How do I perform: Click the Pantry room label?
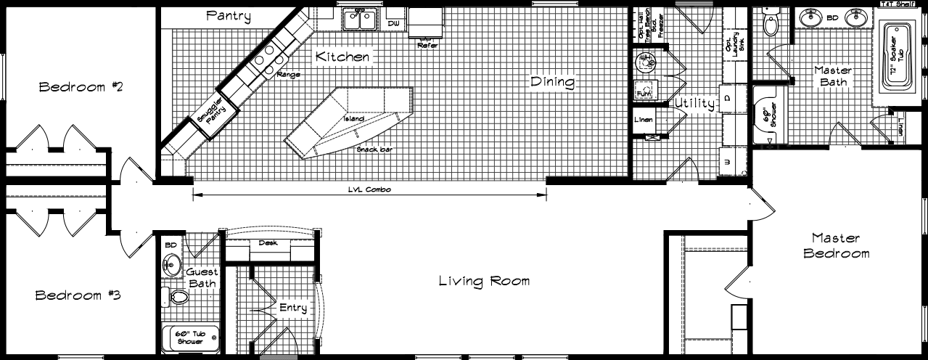tap(229, 15)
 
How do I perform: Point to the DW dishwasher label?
tap(394, 24)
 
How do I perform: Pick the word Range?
tap(289, 74)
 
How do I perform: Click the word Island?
tap(353, 118)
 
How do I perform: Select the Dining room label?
tap(553, 82)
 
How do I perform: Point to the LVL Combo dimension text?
tap(370, 189)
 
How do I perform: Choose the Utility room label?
tap(695, 104)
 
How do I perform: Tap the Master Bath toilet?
tap(770, 25)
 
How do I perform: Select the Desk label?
tap(268, 243)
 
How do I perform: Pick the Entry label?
tap(293, 308)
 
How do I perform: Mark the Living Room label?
tap(484, 281)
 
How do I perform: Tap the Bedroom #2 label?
tap(81, 88)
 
